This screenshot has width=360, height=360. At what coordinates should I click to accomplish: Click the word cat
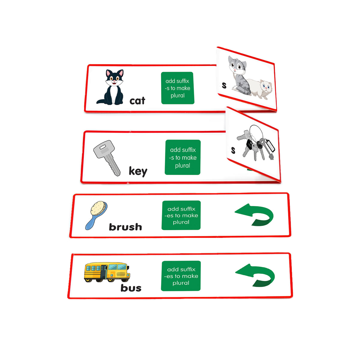137,101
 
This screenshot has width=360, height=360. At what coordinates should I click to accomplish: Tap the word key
138,171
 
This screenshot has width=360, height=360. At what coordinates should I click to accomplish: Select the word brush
125,227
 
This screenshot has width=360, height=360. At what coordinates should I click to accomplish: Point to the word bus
131,288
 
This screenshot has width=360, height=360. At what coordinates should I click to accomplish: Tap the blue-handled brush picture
96,214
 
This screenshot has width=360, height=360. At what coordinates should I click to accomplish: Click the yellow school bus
107,272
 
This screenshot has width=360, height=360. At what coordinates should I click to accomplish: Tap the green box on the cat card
178,88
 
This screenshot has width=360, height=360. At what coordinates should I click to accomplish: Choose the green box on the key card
182,157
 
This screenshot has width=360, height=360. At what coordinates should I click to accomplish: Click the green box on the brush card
181,215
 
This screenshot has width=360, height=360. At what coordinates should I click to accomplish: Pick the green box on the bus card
181,276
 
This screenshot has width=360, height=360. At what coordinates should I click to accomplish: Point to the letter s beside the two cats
224,85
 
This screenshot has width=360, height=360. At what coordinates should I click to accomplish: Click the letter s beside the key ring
233,150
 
